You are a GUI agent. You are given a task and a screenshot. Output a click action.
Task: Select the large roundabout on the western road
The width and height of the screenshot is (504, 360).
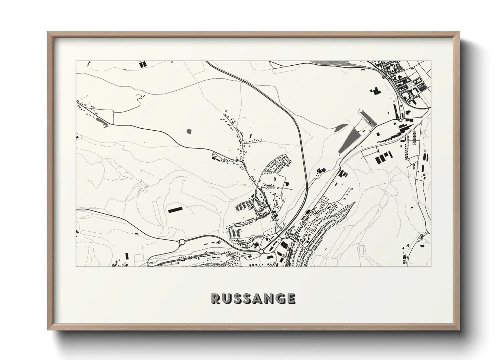(x=182, y=242)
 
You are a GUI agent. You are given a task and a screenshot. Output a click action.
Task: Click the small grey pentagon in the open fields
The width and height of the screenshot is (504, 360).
(x=189, y=130)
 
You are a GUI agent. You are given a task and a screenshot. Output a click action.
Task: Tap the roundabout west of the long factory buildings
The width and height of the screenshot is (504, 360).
(x=401, y=120)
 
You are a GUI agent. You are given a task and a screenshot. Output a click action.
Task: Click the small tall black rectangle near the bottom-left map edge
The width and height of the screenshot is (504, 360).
(x=128, y=256)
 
